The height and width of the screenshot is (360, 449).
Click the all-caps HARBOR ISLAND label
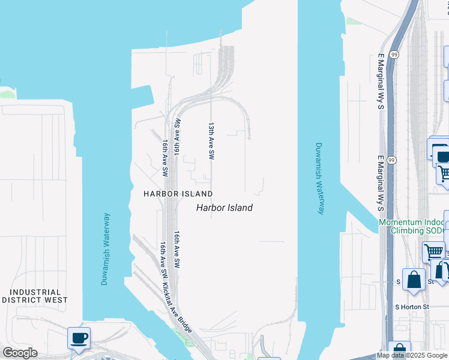[x=178, y=194]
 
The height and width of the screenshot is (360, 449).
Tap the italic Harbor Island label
[x=224, y=208]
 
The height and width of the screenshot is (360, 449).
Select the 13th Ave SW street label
[x=211, y=141]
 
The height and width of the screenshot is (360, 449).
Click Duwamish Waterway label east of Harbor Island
[x=320, y=178]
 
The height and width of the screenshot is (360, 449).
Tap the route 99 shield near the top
[x=394, y=55]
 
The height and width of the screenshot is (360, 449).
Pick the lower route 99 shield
[x=391, y=161]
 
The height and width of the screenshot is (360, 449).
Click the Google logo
[x=20, y=353]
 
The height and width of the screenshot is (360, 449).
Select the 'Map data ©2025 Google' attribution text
[x=412, y=355]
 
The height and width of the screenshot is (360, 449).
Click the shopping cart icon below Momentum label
[x=433, y=251]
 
